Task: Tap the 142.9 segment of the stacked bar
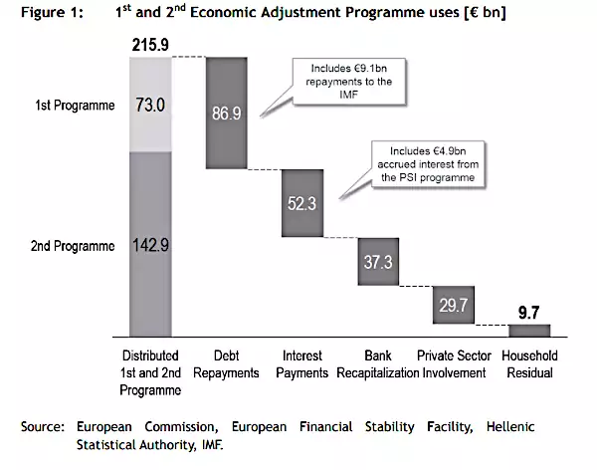pyautogui.click(x=150, y=244)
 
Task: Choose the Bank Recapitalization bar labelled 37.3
pyautogui.click(x=377, y=261)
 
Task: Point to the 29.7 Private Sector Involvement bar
pyautogui.click(x=454, y=304)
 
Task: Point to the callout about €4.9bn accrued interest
pyautogui.click(x=422, y=161)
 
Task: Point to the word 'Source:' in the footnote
pyautogui.click(x=42, y=426)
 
